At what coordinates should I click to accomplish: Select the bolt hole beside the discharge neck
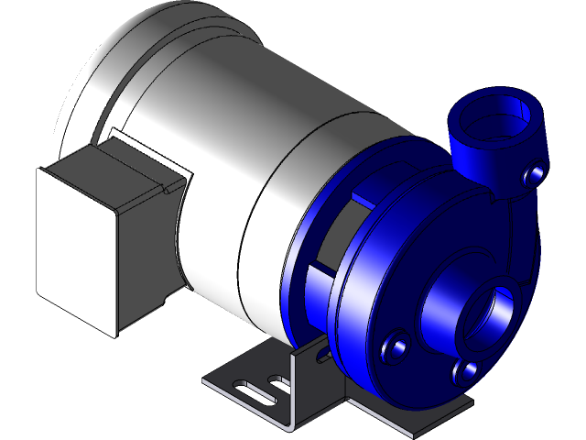point(536,171)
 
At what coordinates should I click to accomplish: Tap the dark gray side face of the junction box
point(146,247)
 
